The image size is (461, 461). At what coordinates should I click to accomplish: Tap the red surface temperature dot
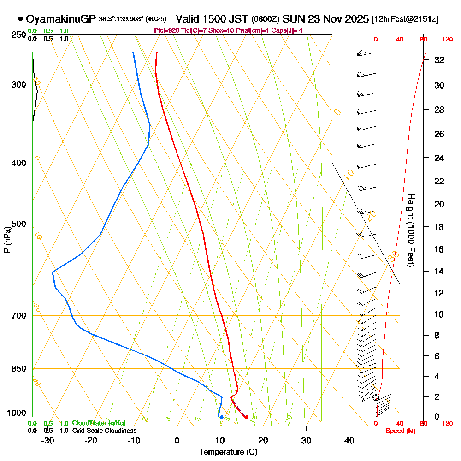pyautogui.click(x=247, y=417)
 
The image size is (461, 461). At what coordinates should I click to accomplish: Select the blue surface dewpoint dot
pyautogui.click(x=222, y=417)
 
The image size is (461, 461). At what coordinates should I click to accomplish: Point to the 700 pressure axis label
pyautogui.click(x=18, y=316)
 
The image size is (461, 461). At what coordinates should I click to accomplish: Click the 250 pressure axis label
pyautogui.click(x=18, y=35)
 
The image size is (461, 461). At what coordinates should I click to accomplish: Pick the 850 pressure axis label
pyautogui.click(x=18, y=369)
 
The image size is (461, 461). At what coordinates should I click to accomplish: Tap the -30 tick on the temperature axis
pyautogui.click(x=48, y=440)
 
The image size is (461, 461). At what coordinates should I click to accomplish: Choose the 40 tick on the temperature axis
pyautogui.click(x=349, y=440)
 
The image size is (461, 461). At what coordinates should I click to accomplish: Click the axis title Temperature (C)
pyautogui.click(x=228, y=452)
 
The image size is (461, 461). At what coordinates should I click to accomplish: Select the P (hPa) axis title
pyautogui.click(x=7, y=240)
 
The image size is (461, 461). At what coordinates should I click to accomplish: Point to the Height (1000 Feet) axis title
pyautogui.click(x=410, y=230)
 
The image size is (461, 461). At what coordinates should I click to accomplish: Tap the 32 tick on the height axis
pyautogui.click(x=439, y=60)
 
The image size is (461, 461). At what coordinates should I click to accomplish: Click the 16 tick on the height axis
pyautogui.click(x=439, y=249)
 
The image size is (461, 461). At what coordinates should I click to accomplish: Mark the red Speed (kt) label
pyautogui.click(x=399, y=431)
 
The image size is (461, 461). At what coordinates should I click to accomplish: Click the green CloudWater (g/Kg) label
pyautogui.click(x=99, y=423)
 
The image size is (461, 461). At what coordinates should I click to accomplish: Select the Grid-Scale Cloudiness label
pyautogui.click(x=104, y=431)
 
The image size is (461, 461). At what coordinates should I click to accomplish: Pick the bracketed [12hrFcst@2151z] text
pyautogui.click(x=405, y=19)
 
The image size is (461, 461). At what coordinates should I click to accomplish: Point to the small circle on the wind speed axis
pyautogui.click(x=376, y=397)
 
